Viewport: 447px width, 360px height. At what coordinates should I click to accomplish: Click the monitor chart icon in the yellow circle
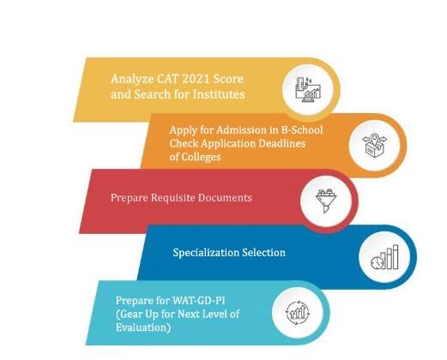[308, 89]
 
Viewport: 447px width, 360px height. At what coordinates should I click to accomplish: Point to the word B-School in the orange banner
[302, 130]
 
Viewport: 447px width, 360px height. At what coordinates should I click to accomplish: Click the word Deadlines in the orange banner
[282, 143]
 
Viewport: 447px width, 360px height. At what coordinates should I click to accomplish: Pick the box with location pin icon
[374, 146]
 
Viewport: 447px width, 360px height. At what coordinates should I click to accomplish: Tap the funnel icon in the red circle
[326, 201]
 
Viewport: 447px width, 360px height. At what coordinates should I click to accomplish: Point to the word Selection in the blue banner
[263, 253]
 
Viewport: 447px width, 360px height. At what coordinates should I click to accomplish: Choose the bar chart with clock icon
[384, 257]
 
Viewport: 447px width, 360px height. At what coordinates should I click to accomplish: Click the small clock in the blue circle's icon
[377, 263]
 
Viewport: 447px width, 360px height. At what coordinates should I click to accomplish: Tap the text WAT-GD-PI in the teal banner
[198, 301]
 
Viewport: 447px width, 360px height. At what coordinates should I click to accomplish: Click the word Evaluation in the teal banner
[143, 327]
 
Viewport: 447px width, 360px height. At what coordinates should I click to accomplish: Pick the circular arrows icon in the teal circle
[298, 313]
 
